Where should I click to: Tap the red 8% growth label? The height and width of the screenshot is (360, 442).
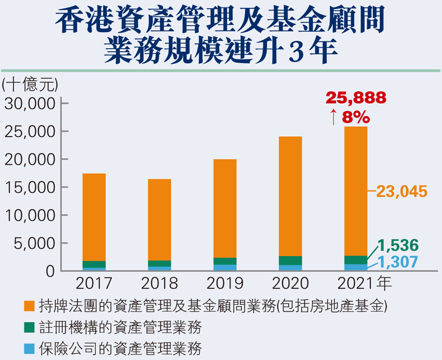pos(356,117)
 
